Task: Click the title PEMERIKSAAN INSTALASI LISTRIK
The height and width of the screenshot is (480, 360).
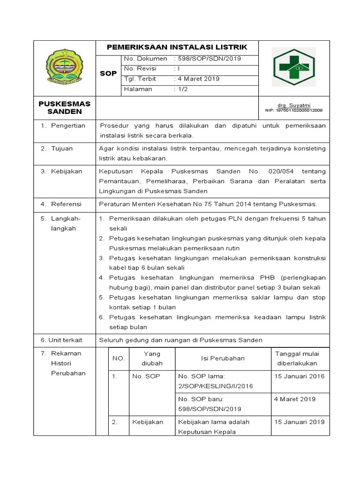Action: pos(177,47)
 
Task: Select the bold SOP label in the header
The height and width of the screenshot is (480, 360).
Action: pos(108,74)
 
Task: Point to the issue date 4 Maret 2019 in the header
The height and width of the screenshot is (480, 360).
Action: pos(198,79)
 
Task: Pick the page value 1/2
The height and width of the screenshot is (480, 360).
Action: pos(181,89)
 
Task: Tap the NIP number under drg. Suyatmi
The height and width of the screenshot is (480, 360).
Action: pos(291,111)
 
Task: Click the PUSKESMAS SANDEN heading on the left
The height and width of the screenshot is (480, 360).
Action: pos(65,107)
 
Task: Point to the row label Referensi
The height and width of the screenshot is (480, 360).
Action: pos(67,204)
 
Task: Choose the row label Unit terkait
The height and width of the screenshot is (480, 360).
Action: pos(64,339)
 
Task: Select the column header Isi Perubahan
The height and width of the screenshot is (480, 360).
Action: pos(223,358)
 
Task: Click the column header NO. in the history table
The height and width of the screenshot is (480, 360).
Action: pos(118,358)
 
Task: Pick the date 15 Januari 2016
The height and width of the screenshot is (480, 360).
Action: pos(300,376)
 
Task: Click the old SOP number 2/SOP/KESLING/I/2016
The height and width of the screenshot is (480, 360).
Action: pos(215,386)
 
